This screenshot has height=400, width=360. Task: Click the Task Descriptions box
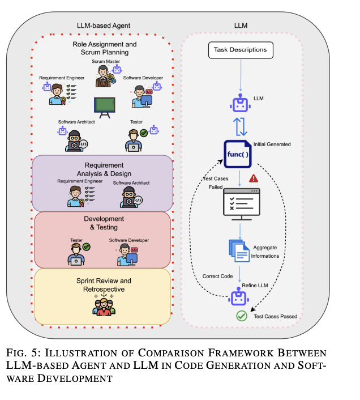240,50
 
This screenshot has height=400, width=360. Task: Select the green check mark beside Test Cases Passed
242,316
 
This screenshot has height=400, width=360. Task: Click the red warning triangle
253,178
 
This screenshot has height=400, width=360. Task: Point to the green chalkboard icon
103,105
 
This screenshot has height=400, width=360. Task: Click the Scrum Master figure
104,75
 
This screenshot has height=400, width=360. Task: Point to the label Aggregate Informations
266,252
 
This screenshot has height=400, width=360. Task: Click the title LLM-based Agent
104,25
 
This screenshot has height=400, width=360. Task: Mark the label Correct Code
218,276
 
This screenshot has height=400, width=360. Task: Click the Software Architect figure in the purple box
130,197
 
